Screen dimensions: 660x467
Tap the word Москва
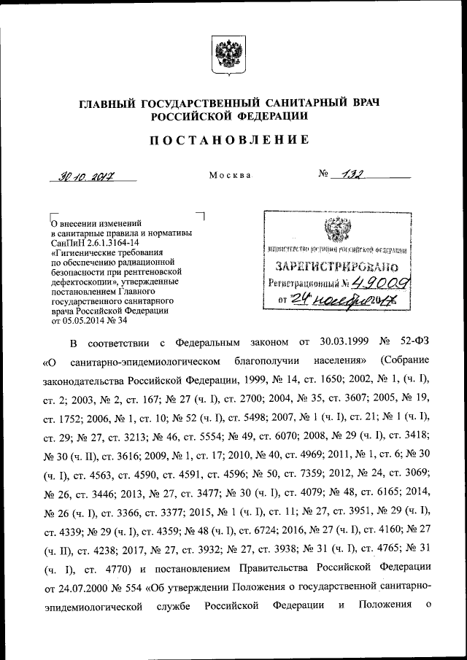click(x=230, y=176)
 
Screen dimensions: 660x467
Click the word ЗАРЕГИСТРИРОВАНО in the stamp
click(x=335, y=267)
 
